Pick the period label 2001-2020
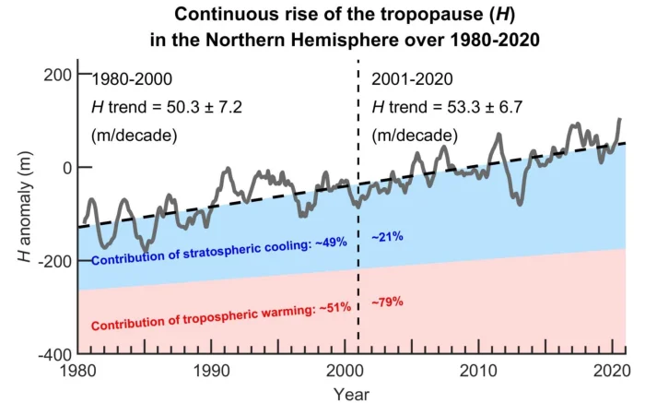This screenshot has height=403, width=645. [x=412, y=80]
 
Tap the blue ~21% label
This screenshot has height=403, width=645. [x=387, y=237]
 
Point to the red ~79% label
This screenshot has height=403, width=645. [x=388, y=302]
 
